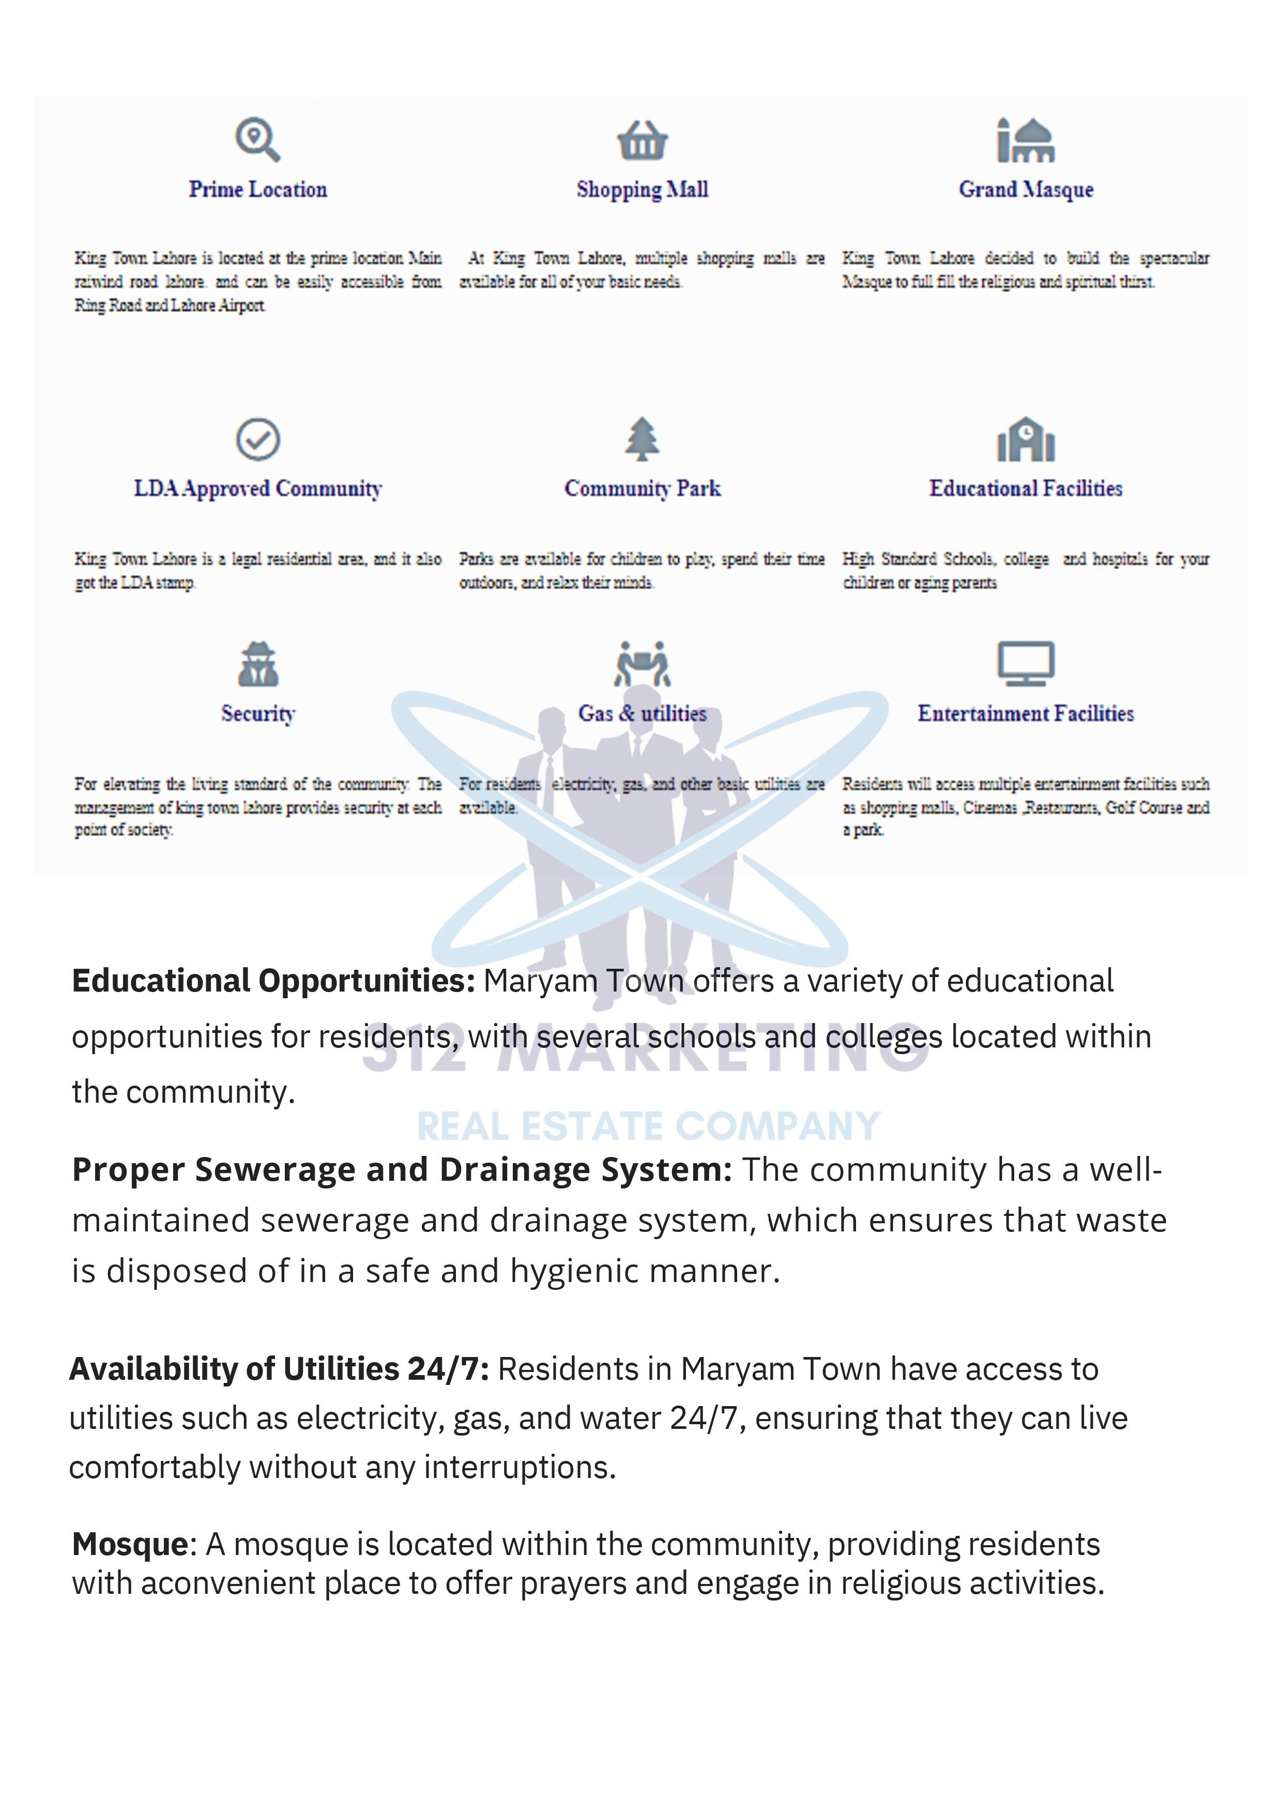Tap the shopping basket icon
pos(643,141)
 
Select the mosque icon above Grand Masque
pos(1026,140)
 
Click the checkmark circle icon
pos(257,439)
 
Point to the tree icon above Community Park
pos(643,438)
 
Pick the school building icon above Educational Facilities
pos(1026,439)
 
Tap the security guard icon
pos(257,664)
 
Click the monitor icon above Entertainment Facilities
pos(1026,663)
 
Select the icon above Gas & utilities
pos(643,664)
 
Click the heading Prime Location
pos(257,190)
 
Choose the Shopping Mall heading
pos(643,190)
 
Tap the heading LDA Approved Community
pos(257,488)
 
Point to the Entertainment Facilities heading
pos(1026,713)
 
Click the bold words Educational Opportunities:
pos(273,981)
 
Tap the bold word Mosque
pos(130,1544)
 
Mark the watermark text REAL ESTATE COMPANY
pos(649,1126)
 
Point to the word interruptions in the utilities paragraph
pos(520,1467)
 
